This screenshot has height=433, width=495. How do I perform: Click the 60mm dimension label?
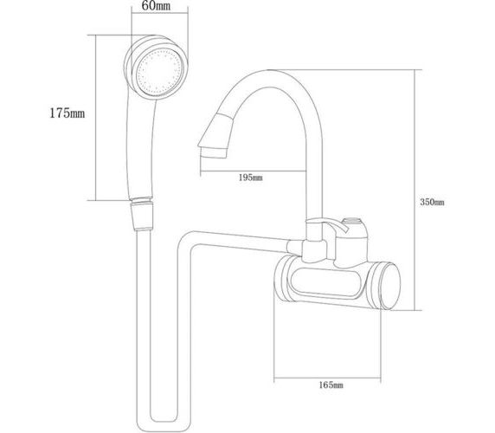[156, 6]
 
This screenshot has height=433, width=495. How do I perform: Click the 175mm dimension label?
[67, 113]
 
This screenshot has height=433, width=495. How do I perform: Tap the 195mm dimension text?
[250, 178]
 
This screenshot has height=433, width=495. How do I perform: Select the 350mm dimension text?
[432, 202]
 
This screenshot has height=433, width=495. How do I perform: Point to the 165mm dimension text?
[331, 385]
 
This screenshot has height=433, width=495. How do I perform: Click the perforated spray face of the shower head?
[160, 73]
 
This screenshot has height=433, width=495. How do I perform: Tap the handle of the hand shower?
[140, 148]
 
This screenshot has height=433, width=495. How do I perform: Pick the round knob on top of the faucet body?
[353, 221]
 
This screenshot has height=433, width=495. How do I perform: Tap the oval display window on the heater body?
[326, 282]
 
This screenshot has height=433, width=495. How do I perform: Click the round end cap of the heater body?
[390, 286]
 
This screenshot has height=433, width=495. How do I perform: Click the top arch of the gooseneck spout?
[269, 79]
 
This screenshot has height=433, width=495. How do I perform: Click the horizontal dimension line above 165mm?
[327, 378]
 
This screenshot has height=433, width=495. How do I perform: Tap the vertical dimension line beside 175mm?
[95, 118]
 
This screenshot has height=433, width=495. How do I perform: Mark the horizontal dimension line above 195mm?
[254, 171]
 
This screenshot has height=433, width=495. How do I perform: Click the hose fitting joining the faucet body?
[294, 247]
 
